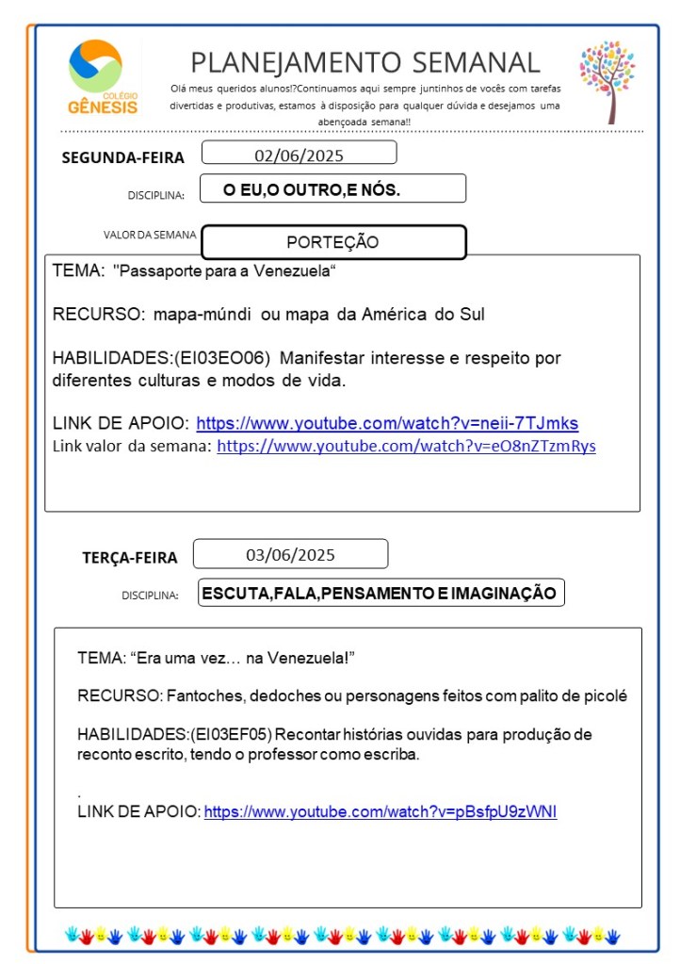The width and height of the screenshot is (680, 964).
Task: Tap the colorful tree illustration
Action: point(607,81)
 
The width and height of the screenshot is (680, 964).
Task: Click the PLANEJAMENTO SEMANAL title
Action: point(365,62)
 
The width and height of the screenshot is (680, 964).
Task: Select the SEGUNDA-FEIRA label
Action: point(122,157)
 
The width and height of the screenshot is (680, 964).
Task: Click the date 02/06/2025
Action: point(298,154)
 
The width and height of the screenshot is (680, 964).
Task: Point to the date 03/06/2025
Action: point(290,554)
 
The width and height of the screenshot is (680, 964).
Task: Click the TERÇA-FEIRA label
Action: point(129,558)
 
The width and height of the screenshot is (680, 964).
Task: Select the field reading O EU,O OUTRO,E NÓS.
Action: point(312,189)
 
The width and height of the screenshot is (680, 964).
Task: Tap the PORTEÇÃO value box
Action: point(333,242)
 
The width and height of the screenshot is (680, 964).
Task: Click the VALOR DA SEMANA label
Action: point(150,234)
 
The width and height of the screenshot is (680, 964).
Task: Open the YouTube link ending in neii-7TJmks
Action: point(387,423)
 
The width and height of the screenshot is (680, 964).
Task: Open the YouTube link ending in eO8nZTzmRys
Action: point(406,446)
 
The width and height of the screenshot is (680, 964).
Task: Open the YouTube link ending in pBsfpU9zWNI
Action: point(380,811)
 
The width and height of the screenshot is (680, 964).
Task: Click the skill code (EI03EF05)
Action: point(232,734)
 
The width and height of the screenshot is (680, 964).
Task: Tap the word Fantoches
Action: point(198,696)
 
